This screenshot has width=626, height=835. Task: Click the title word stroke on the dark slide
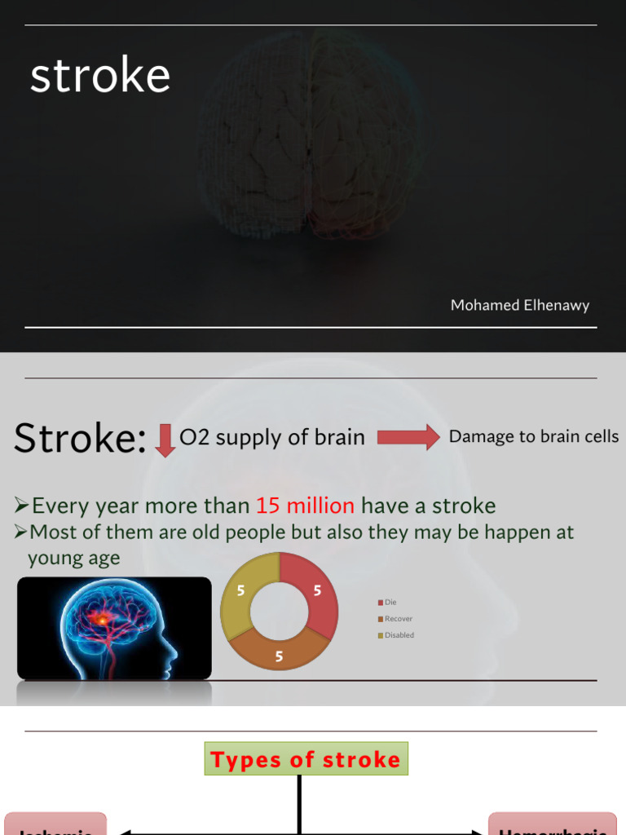tap(100, 76)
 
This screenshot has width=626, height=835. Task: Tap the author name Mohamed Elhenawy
tap(520, 306)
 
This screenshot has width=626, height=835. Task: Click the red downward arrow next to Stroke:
tap(165, 440)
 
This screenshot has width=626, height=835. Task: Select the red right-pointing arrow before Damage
tap(408, 438)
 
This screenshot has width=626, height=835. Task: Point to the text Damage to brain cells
tap(534, 436)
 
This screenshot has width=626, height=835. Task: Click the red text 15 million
tap(305, 506)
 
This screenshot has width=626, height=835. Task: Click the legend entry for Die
tap(390, 602)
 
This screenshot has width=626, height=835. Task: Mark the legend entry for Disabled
tap(399, 635)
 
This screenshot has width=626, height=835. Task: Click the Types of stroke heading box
tap(306, 759)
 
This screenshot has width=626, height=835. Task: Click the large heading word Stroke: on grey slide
tap(80, 440)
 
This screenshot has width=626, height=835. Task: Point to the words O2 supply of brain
tap(272, 438)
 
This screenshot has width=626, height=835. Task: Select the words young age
tap(74, 559)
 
